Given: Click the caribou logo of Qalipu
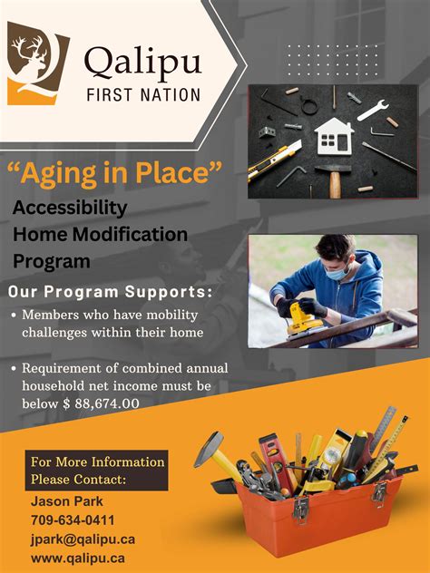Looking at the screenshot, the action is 38,63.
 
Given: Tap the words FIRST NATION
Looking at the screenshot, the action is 143,95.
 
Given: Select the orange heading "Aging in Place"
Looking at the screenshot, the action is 114,173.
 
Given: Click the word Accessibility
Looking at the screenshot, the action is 70,209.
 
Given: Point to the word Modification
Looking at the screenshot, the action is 130,234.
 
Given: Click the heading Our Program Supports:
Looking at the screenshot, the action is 110,292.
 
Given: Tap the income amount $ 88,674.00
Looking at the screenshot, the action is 102,403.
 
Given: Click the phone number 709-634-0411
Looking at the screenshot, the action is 73,520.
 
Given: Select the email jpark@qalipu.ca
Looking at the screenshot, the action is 83,539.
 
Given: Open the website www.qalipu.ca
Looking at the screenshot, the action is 77,558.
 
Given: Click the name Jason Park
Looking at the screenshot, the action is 66,501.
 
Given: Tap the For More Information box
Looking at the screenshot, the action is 96,471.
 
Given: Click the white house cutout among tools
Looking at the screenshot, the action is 334,136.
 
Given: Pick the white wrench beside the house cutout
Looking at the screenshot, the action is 373,110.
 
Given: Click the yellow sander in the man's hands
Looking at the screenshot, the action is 304,319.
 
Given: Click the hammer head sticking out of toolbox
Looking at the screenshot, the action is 209,449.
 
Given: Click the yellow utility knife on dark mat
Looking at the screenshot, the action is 275,160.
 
